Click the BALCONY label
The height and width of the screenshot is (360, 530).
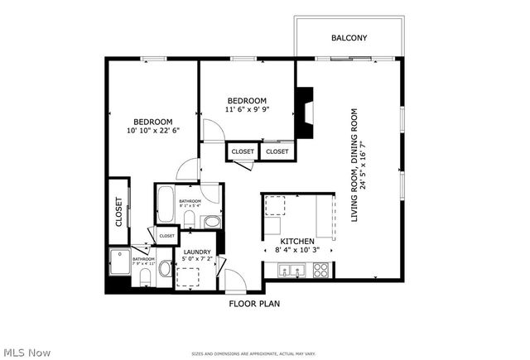(349, 38)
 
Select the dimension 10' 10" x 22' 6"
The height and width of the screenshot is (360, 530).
(153, 130)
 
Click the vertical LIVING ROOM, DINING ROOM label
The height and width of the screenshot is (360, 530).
(358, 165)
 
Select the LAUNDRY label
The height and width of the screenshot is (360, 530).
(198, 252)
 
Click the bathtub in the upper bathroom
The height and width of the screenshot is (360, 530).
(164, 204)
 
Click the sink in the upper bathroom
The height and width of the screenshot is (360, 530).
(212, 221)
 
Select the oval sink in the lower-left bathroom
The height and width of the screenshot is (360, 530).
(163, 269)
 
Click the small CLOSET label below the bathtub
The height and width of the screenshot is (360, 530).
(166, 236)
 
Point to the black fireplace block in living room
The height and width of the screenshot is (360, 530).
(306, 113)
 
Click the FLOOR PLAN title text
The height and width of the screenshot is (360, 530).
(254, 304)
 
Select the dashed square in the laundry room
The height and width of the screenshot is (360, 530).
(188, 277)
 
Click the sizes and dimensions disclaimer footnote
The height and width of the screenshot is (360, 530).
(253, 352)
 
